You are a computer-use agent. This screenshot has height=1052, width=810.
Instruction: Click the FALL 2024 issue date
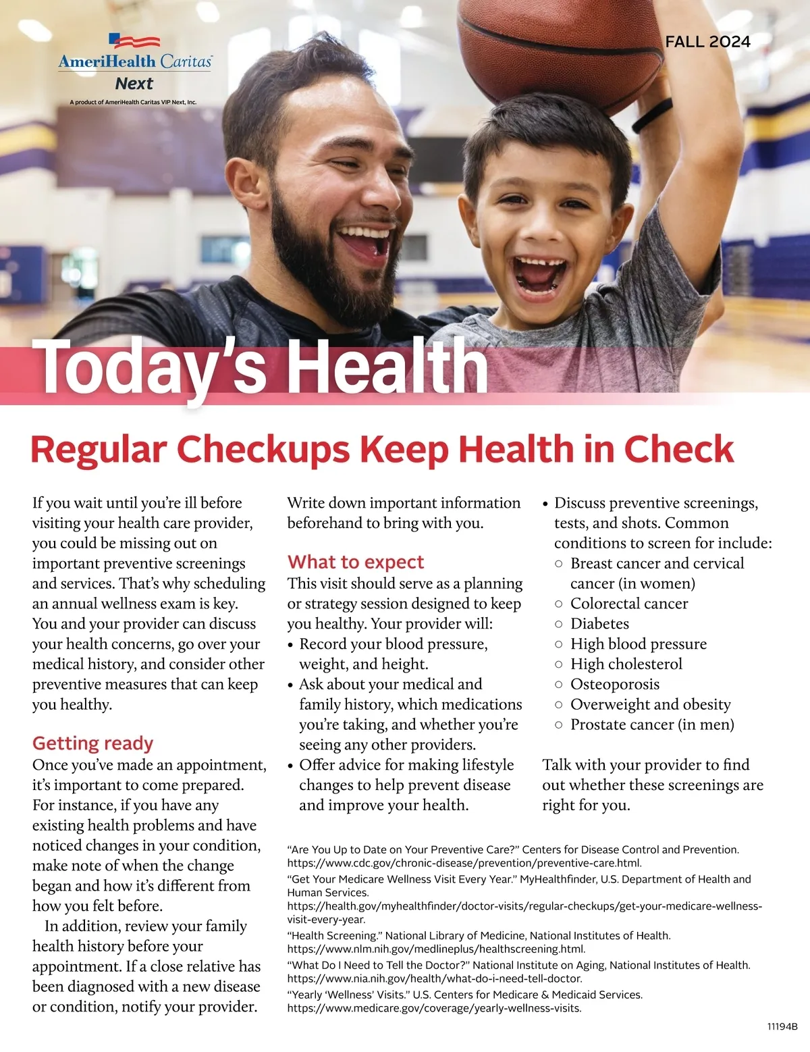(707, 42)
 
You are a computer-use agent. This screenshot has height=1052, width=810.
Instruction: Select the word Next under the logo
(134, 84)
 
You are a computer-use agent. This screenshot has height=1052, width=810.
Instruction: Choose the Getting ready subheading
(93, 743)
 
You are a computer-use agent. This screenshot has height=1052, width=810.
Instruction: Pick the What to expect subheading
(356, 562)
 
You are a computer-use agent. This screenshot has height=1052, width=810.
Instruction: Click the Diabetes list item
(599, 624)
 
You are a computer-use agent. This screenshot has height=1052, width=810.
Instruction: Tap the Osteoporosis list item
(614, 684)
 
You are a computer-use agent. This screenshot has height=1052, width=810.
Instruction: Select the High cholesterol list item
(626, 664)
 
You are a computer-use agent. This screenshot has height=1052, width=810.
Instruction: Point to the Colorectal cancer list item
(629, 604)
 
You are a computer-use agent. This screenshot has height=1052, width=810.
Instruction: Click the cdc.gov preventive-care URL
(464, 863)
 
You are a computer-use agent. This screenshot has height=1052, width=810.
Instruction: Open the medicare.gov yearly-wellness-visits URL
(434, 1008)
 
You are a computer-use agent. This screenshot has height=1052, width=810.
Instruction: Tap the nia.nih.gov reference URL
(435, 978)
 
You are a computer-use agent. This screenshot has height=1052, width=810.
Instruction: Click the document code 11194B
(782, 1026)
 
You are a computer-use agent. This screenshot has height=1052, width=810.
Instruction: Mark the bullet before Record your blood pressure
(290, 645)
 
